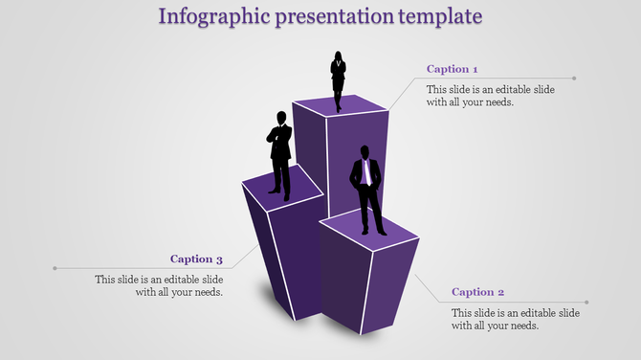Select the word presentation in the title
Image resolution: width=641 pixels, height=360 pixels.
coord(330,17)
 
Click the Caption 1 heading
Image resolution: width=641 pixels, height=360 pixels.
coord(452,69)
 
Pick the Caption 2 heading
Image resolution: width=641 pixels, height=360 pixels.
coord(477,292)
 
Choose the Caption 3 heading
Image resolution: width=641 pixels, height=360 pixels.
coord(196,259)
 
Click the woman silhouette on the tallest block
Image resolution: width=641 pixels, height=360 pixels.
coord(338,80)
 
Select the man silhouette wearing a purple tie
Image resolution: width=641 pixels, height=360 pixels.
coord(366,189)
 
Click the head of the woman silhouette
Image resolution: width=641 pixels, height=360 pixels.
coord(338,55)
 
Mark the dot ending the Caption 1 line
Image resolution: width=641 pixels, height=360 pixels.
coord(575,79)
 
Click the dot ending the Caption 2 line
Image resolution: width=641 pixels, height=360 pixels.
coord(586,303)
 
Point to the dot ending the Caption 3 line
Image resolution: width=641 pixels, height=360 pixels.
coord(55,268)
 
